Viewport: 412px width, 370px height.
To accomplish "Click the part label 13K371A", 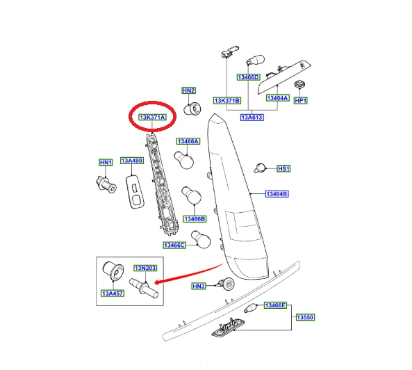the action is tap(152, 118).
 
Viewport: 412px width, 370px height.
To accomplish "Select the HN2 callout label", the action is tap(189, 90).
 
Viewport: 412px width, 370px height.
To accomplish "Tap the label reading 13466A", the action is tap(188, 141).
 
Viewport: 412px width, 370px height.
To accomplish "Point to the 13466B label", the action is tap(195, 219).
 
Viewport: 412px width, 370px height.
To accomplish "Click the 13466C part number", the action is tap(174, 246).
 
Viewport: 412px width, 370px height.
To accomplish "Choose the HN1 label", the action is tap(106, 163).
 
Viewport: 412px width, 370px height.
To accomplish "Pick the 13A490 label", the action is tap(132, 161).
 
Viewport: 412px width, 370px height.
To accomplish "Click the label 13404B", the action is tap(277, 194).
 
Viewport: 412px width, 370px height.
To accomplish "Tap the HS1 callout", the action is tap(283, 168).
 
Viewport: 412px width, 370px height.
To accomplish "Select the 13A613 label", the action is tap(252, 118).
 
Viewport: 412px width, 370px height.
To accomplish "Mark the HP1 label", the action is tap(300, 100).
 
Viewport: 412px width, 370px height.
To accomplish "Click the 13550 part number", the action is tap(305, 317).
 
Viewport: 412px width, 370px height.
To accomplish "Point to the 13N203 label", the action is tap(145, 268).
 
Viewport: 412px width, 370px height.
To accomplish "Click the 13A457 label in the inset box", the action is tap(113, 293).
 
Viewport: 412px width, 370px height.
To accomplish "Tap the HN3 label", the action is tap(199, 286).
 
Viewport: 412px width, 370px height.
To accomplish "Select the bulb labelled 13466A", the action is tap(184, 160).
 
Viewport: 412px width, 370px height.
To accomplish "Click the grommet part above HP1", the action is tap(299, 85).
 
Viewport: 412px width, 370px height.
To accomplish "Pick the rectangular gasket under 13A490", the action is tap(135, 192).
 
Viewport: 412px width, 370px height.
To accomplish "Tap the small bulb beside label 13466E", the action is tap(250, 308).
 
